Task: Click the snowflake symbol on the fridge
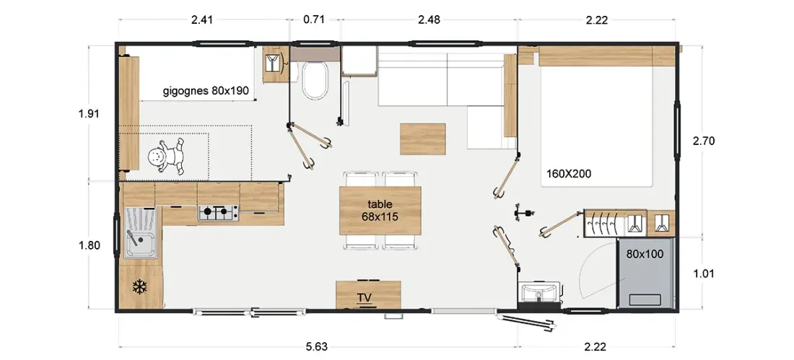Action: pyautogui.click(x=139, y=288)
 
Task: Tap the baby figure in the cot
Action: pyautogui.click(x=167, y=157)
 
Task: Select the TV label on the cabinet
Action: pyautogui.click(x=364, y=297)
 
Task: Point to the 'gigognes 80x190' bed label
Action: pyautogui.click(x=206, y=91)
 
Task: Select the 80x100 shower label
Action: pyautogui.click(x=645, y=254)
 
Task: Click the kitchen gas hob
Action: pyautogui.click(x=219, y=213)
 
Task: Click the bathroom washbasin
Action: pyautogui.click(x=539, y=292)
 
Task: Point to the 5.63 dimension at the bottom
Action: pyautogui.click(x=317, y=347)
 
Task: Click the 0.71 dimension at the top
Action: pyautogui.click(x=313, y=19)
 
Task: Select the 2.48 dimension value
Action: pyautogui.click(x=429, y=19)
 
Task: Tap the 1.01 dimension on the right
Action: pyautogui.click(x=703, y=274)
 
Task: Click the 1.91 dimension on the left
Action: pyautogui.click(x=89, y=113)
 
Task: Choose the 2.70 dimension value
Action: pyautogui.click(x=703, y=141)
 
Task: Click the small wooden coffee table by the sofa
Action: pyautogui.click(x=423, y=139)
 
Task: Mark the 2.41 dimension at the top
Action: pyautogui.click(x=202, y=19)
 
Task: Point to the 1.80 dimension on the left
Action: pyautogui.click(x=90, y=245)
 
